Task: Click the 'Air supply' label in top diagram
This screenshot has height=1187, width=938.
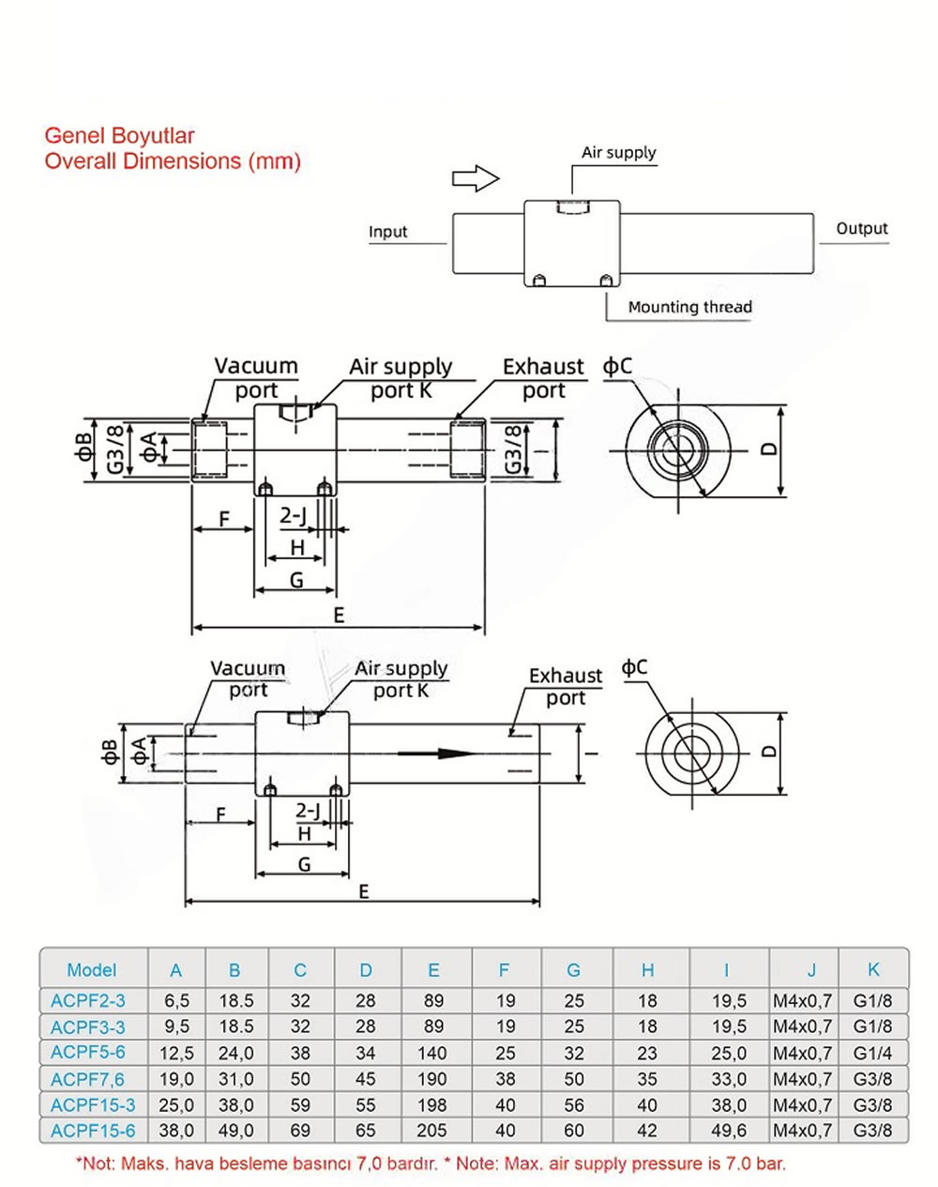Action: pyautogui.click(x=618, y=153)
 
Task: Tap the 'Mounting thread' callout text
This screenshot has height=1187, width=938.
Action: pyautogui.click(x=689, y=307)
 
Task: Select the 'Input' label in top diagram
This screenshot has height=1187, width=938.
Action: pyautogui.click(x=387, y=232)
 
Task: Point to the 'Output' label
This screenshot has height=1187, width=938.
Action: pyautogui.click(x=861, y=229)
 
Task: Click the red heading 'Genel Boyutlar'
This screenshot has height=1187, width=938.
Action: pyautogui.click(x=119, y=136)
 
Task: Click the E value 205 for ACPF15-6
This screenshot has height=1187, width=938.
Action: pyautogui.click(x=433, y=1131)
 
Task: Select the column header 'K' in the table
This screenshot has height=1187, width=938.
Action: pyautogui.click(x=873, y=969)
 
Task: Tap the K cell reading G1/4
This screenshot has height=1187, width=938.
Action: pyautogui.click(x=873, y=1052)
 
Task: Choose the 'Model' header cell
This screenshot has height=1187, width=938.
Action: pyautogui.click(x=92, y=969)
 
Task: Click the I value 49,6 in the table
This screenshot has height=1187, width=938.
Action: pyautogui.click(x=728, y=1131)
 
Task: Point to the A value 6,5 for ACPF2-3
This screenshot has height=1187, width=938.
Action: pyautogui.click(x=176, y=1000)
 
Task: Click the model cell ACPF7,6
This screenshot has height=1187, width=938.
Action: pyautogui.click(x=87, y=1078)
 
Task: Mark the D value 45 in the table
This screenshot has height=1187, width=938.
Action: pyautogui.click(x=366, y=1078)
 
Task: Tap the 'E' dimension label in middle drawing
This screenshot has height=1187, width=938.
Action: pyautogui.click(x=339, y=615)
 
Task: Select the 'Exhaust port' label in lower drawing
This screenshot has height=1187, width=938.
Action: pyautogui.click(x=565, y=687)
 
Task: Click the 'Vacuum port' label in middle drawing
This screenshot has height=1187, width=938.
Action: pyautogui.click(x=255, y=377)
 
